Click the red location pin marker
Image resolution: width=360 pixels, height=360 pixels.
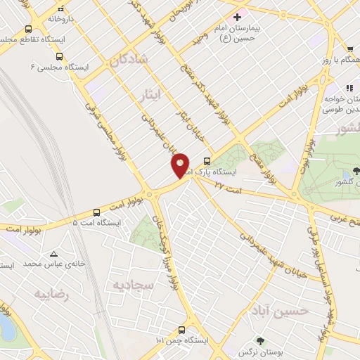[x=181, y=165]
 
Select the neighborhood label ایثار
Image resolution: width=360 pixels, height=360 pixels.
[x=150, y=94]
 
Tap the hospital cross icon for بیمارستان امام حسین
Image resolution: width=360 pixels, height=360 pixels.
[x=237, y=17]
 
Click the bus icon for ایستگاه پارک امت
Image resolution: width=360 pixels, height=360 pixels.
[x=206, y=161]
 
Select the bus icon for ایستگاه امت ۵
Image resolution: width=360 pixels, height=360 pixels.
[x=97, y=212]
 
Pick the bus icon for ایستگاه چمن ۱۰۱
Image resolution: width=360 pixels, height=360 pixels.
[x=182, y=330]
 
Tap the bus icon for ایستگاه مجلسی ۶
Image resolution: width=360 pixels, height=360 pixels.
[x=59, y=56]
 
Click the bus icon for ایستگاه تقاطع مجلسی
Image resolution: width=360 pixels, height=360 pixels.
[x=29, y=30]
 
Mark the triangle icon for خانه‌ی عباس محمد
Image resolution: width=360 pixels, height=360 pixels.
[x=53, y=253]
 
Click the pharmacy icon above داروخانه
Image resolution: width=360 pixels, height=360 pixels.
[x=61, y=8]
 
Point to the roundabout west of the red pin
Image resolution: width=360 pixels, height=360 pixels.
[x=149, y=194]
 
